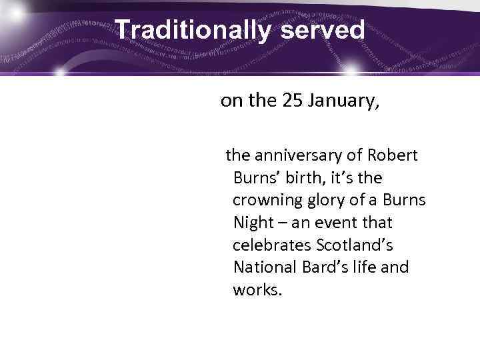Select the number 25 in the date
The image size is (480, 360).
(293, 101)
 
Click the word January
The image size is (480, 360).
(344, 101)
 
